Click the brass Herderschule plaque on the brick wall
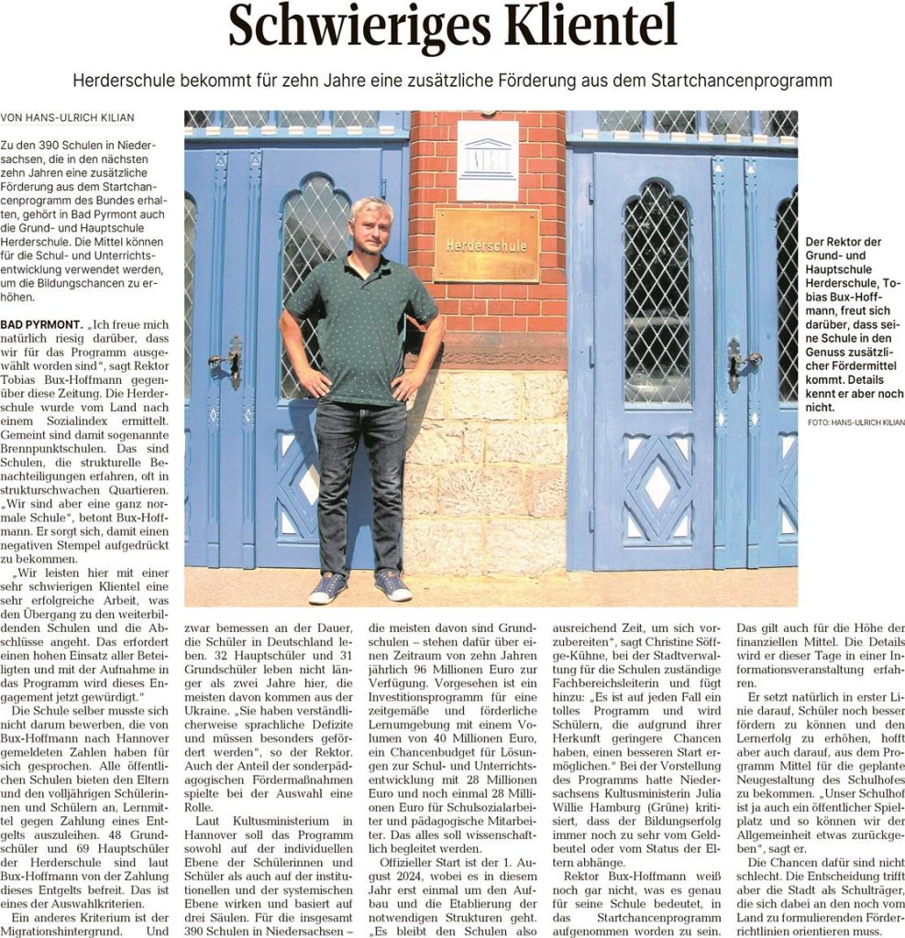(486, 245)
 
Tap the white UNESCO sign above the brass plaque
(487, 159)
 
